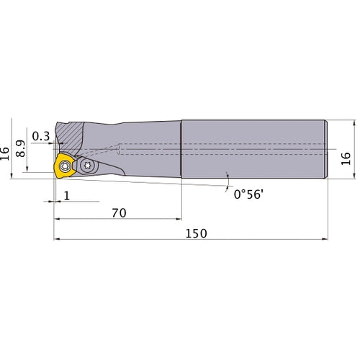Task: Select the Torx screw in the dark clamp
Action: click(x=88, y=165)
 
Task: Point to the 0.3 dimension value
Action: click(x=42, y=136)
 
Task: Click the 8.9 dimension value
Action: click(x=22, y=148)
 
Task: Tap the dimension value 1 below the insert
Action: click(x=66, y=196)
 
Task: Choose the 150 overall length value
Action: click(x=195, y=234)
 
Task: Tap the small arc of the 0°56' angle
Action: click(x=228, y=176)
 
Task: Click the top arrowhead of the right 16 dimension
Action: click(x=353, y=122)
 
